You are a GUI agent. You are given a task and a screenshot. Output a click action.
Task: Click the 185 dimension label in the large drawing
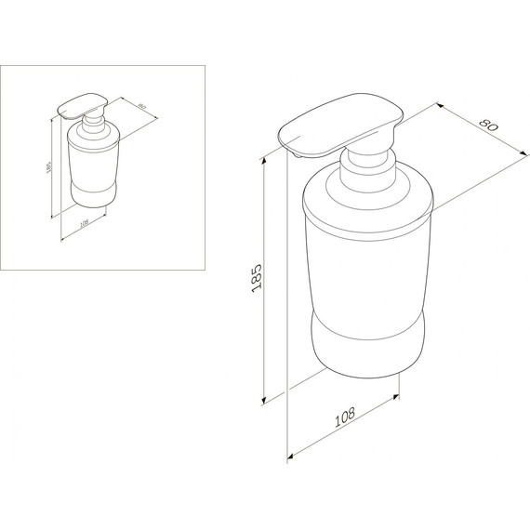click(x=257, y=278)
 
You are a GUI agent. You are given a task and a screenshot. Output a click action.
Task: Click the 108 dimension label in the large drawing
click(x=345, y=417)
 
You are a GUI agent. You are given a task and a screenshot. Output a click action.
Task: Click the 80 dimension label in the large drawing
click(x=489, y=125)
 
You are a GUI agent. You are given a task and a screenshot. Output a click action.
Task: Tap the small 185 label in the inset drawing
click(x=48, y=167)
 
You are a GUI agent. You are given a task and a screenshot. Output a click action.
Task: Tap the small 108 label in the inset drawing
click(x=84, y=223)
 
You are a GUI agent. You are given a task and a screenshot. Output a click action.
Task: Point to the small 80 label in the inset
click(x=141, y=106)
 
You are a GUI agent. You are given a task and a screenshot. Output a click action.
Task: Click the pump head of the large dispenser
click(x=340, y=126)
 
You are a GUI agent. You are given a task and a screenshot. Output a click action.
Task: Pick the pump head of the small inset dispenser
click(x=83, y=106)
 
